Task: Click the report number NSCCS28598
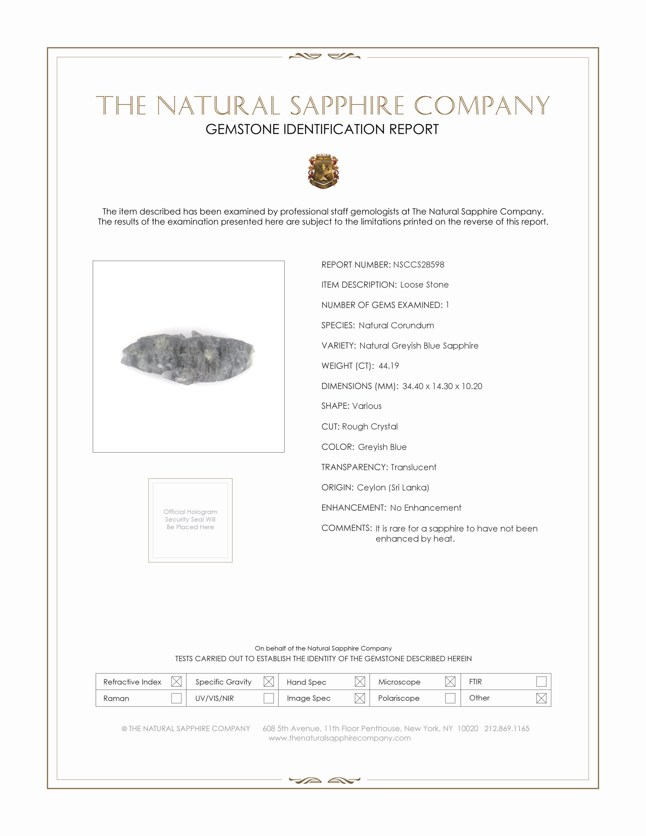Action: coord(418,265)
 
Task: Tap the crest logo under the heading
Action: coord(323,171)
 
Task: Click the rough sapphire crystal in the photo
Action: coord(188,356)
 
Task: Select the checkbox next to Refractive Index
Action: coord(176,682)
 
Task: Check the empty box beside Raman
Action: coord(176,698)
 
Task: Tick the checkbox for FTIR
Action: coord(541,682)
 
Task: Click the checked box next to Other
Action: coord(541,698)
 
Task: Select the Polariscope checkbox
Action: coord(450,698)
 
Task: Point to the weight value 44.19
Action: coord(388,366)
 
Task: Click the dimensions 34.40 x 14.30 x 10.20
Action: coord(442,386)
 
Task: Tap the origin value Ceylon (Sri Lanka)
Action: coord(393,488)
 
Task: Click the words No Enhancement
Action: coord(426,508)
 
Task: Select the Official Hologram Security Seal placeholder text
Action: coord(190,519)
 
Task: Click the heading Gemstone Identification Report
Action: coord(322,129)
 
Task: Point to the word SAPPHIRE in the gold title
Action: coord(347,106)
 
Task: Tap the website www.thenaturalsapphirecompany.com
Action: coord(339,738)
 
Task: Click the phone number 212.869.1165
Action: coord(507,728)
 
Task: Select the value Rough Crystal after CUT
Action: coord(370,427)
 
